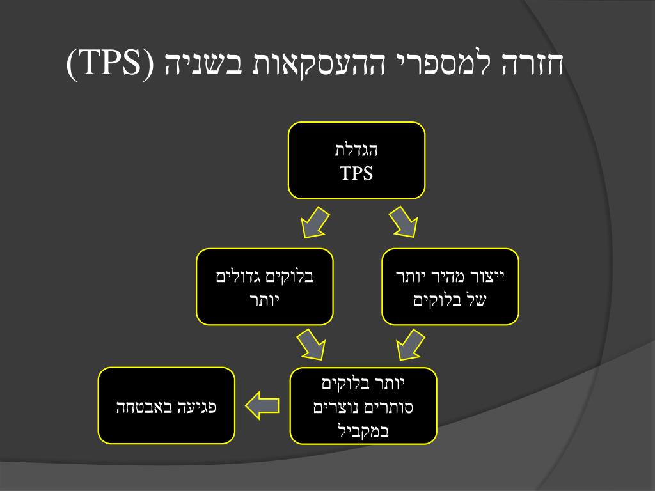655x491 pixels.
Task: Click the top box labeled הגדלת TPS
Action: coord(356,160)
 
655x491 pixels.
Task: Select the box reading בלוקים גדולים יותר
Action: coord(265,286)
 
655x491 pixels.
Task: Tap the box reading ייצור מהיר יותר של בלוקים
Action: coord(450,286)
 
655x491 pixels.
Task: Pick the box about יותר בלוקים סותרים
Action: coord(363,406)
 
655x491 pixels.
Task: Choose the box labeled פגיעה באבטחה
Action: coord(166,405)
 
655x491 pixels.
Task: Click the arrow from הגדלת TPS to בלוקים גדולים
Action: coord(314,221)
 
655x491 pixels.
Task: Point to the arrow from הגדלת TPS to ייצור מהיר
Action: coord(402,221)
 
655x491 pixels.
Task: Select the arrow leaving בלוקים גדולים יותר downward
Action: coord(310,345)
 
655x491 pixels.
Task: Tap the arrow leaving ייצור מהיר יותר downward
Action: coord(410,345)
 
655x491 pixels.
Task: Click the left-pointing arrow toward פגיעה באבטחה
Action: coord(262,405)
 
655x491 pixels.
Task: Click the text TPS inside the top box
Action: coord(356,173)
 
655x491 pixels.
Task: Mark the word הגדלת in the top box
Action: coord(357,151)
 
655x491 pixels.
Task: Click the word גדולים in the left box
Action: coord(242,277)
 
